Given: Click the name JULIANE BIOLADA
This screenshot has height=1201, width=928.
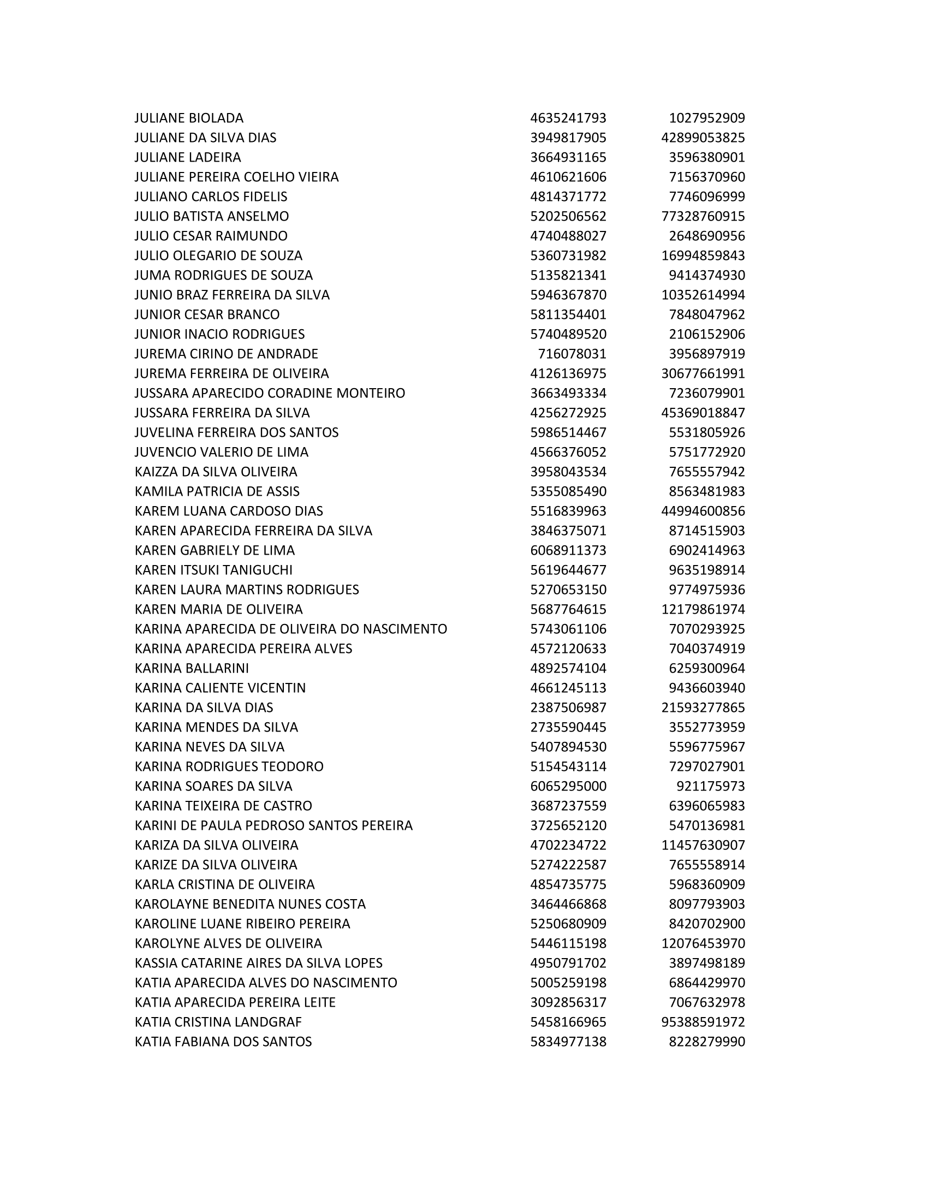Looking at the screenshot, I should (x=188, y=118).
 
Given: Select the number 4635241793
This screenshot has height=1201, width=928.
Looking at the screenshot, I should (x=568, y=118).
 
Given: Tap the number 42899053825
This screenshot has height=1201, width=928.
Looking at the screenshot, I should (x=703, y=138).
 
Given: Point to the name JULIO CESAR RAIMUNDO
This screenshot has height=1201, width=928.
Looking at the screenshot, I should (x=211, y=236).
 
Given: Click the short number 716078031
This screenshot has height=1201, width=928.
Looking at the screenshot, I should (x=572, y=354).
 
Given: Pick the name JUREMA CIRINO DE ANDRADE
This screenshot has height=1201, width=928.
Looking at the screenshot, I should (x=226, y=354).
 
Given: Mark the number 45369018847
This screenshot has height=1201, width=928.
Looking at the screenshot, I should (x=703, y=413).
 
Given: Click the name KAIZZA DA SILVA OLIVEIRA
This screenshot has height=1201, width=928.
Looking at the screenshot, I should (x=216, y=472).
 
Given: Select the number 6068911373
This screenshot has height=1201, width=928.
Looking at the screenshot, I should (x=568, y=550).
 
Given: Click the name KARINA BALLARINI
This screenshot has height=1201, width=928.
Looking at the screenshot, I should (x=191, y=668).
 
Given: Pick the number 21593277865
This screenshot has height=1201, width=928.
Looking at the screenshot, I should (x=703, y=707).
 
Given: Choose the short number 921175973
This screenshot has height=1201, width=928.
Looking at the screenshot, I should (x=710, y=786).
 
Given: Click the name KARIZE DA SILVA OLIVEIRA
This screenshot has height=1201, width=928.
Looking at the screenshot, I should (x=216, y=865).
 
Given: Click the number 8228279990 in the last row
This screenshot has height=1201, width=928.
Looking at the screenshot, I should (x=706, y=1042).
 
